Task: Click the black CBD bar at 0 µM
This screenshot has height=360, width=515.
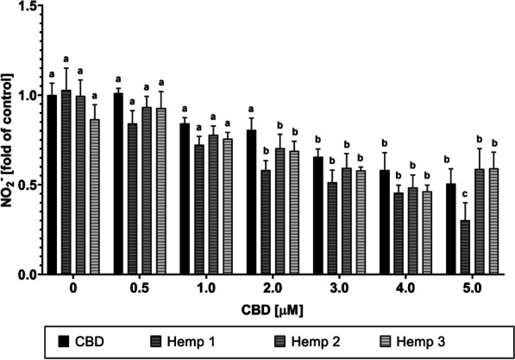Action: click(x=52, y=185)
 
